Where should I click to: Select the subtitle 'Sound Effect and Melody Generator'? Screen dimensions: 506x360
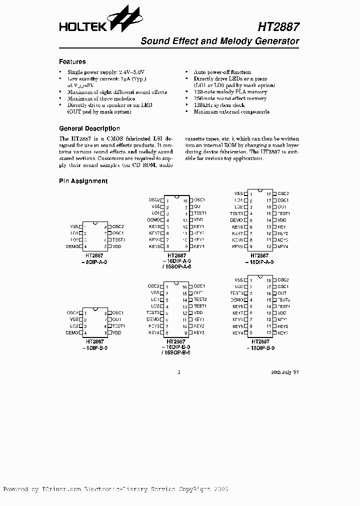220,41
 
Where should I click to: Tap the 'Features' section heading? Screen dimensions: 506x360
72,62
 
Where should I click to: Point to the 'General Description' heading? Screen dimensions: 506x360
89,128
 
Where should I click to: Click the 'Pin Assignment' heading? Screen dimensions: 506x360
83,181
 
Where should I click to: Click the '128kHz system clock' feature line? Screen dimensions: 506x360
219,105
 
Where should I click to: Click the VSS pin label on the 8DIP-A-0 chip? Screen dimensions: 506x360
75,226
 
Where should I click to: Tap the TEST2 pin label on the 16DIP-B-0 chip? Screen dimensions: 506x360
200,299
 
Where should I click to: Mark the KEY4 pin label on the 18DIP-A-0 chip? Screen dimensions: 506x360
282,246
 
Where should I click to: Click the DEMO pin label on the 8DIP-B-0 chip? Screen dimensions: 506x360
72,332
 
